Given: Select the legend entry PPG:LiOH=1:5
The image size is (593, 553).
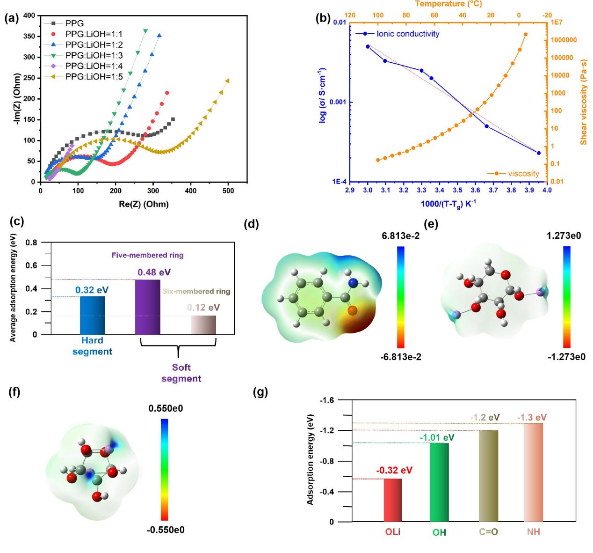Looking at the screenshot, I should point(94,77).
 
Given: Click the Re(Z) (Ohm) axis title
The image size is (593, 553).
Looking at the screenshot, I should point(144,204).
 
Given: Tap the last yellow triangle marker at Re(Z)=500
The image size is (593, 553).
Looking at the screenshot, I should point(228,81).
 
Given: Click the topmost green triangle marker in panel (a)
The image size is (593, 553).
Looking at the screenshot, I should point(145,31).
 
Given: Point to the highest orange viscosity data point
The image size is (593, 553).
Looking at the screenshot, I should point(526,34).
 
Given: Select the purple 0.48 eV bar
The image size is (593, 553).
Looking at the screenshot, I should point(148,307).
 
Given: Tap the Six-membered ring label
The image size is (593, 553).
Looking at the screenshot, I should point(196,291).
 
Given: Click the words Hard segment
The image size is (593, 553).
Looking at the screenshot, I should point(92,346).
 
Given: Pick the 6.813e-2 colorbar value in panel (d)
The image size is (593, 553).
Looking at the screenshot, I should point(400,236).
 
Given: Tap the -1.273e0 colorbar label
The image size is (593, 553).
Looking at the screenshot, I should point(566,357).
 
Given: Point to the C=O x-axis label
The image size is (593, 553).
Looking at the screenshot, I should point(488,532).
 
